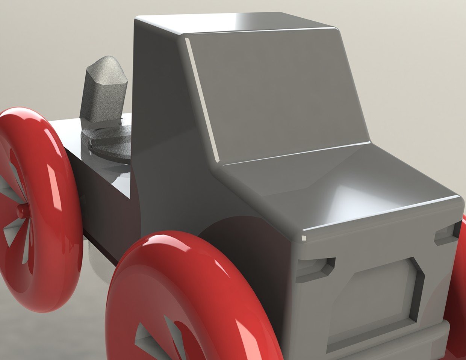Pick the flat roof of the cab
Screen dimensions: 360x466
[233, 23]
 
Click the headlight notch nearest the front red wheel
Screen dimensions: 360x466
[315, 269]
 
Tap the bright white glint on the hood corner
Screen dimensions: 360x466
[304, 237]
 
